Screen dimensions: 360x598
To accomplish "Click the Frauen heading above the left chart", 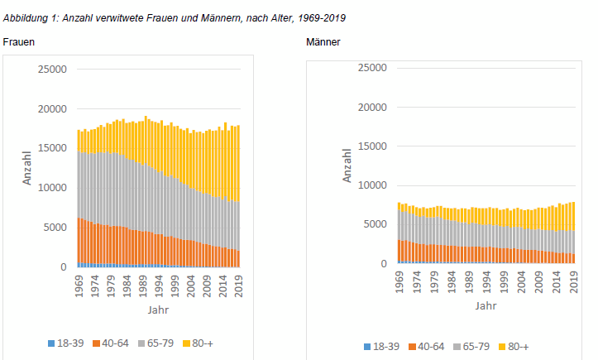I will click(18, 41).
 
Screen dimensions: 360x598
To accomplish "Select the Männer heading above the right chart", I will click(323, 41).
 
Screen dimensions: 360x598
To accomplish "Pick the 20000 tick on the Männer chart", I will click(370, 107).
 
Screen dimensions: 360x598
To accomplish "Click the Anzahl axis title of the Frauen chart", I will click(26, 167).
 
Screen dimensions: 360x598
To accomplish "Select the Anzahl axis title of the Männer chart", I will click(347, 164).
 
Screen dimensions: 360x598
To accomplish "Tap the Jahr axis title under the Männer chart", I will click(486, 305).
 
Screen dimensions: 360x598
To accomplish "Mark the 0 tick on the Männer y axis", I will click(382, 264).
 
